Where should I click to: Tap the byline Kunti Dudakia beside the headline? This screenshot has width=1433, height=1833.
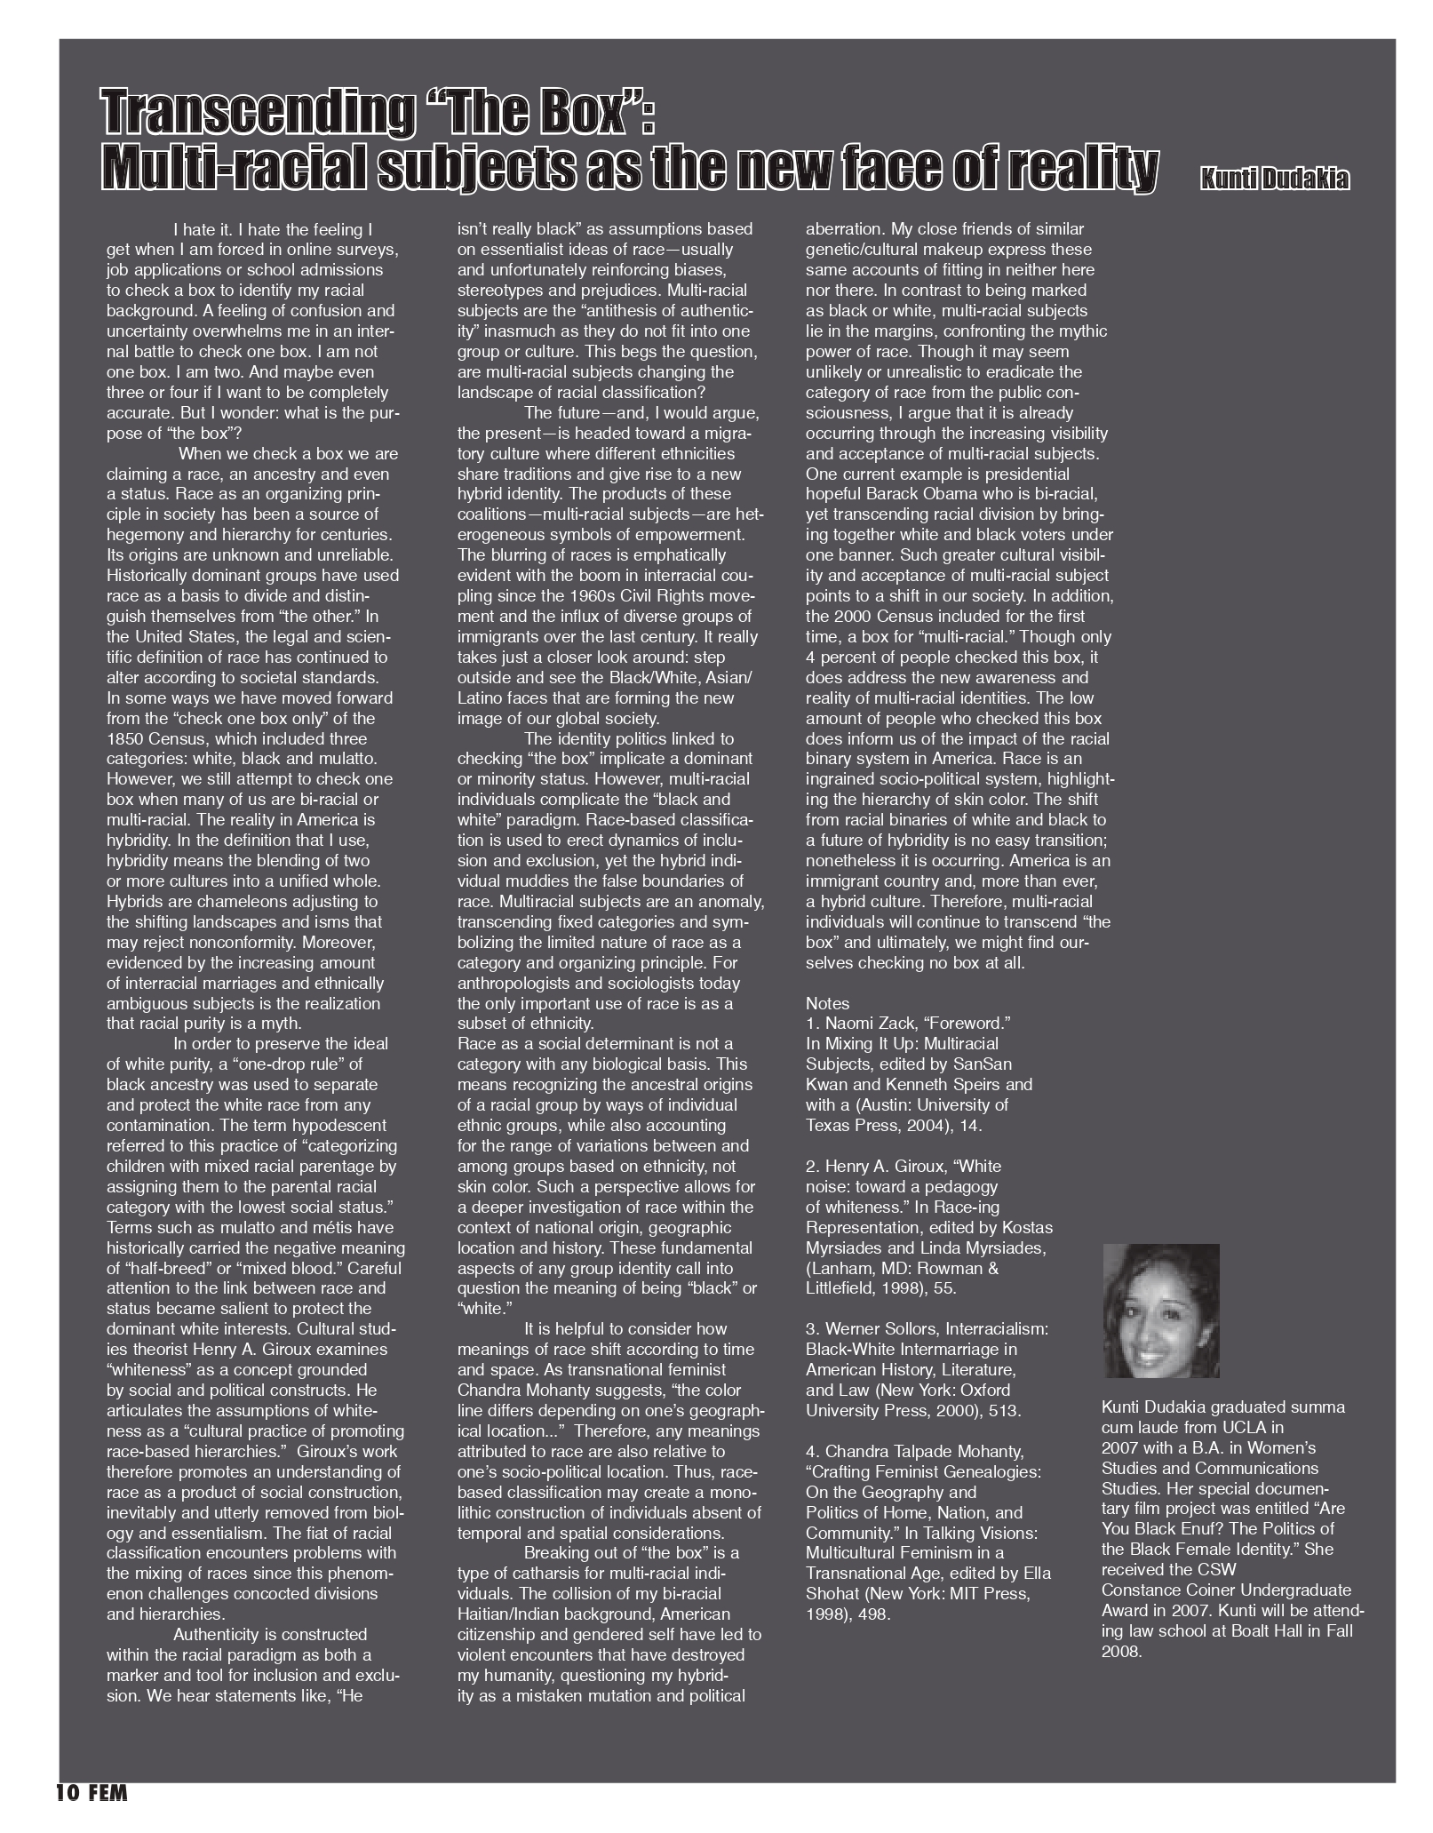1274,179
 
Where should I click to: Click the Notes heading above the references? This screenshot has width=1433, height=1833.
827,1003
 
